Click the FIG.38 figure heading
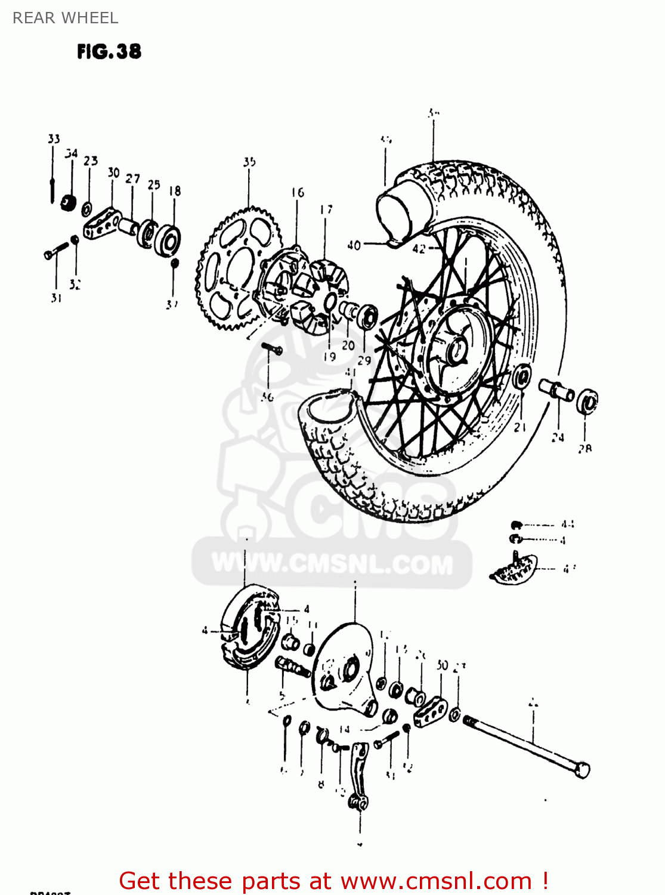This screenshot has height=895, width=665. pos(109,52)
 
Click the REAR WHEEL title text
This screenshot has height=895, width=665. pos(65,18)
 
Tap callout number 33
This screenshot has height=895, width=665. pos(54,139)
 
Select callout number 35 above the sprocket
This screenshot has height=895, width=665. pos(249,162)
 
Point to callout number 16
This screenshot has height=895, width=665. pos(298,192)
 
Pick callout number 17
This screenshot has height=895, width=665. pos(326,209)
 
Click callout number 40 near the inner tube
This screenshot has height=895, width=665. pos(354,245)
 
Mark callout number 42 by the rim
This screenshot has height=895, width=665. pos(419,249)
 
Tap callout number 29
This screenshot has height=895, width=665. pos(364,360)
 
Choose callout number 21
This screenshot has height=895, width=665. pos(520,427)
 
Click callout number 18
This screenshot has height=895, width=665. pos(174,191)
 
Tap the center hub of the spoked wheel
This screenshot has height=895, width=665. pos(456,349)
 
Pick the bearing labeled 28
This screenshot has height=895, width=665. pos(587,401)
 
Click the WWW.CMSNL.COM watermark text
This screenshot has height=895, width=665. pos(332,564)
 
